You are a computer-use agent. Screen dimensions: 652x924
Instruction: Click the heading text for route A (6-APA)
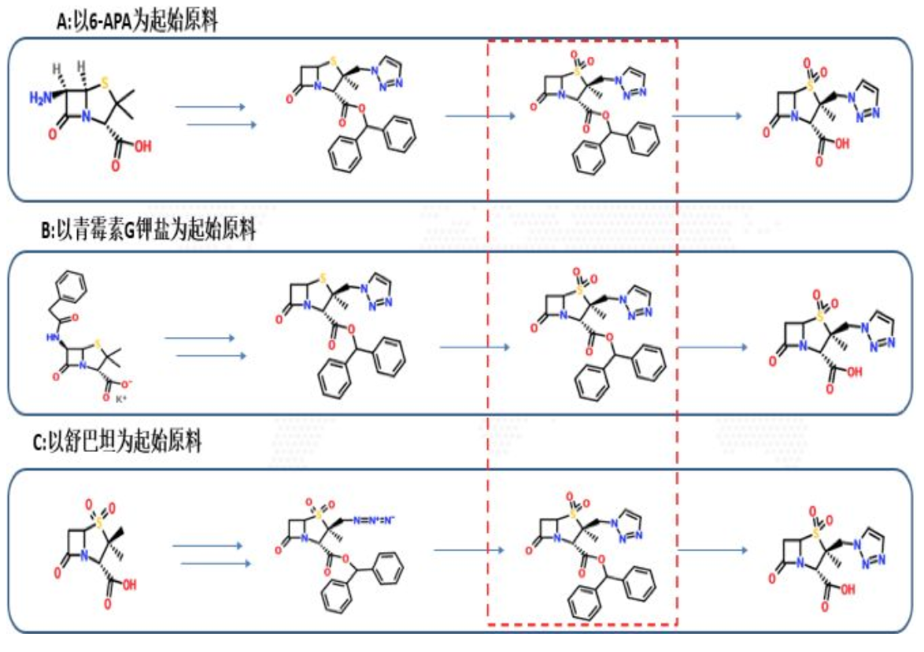(x=138, y=22)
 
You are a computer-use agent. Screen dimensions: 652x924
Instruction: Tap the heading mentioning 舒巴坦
(x=118, y=442)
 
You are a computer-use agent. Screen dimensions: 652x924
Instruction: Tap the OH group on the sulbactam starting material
(x=129, y=584)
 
